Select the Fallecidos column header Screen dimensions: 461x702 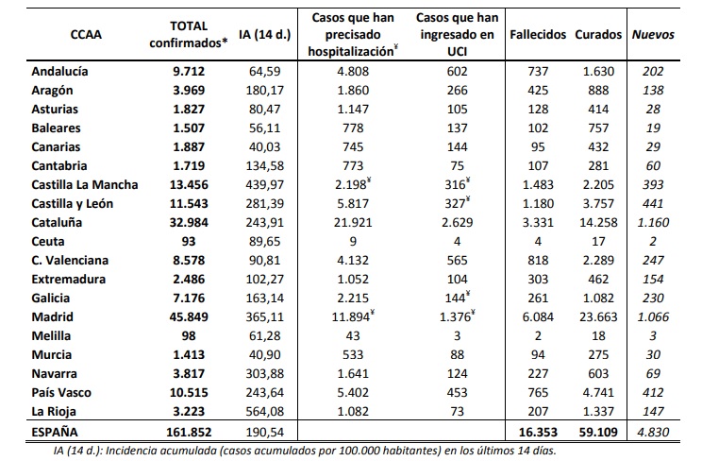coord(537,35)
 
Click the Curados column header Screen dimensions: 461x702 coord(597,35)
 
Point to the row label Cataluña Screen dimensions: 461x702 coord(58,222)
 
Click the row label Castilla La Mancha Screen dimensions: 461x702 coord(85,184)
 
